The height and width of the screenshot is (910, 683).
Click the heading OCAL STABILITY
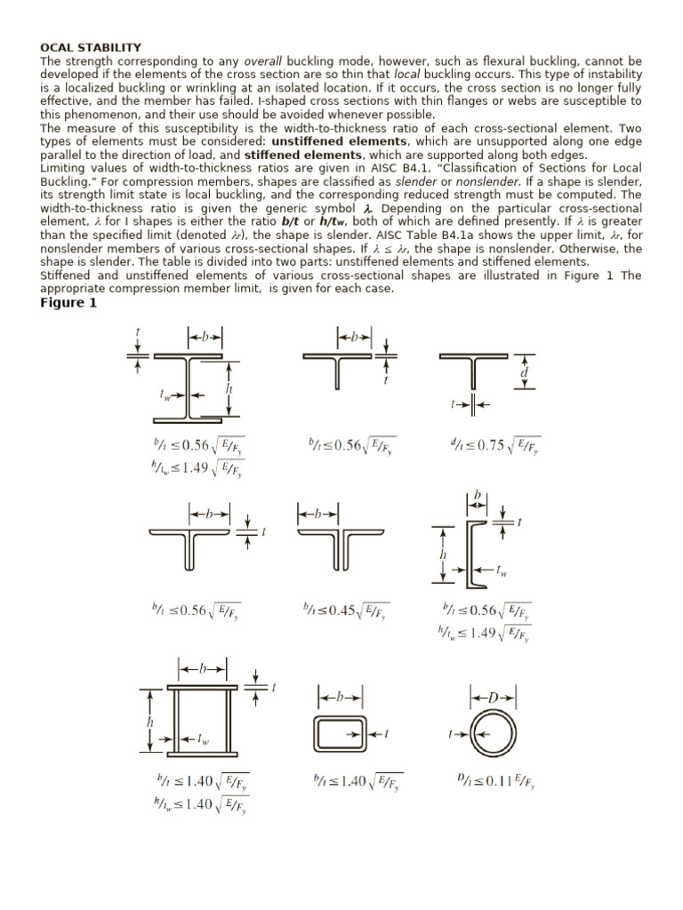pyautogui.click(x=91, y=47)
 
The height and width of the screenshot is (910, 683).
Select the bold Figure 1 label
pyautogui.click(x=68, y=303)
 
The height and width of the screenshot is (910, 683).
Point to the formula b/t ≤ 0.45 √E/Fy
pyautogui.click(x=345, y=611)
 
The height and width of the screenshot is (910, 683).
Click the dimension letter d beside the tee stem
pyautogui.click(x=525, y=374)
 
